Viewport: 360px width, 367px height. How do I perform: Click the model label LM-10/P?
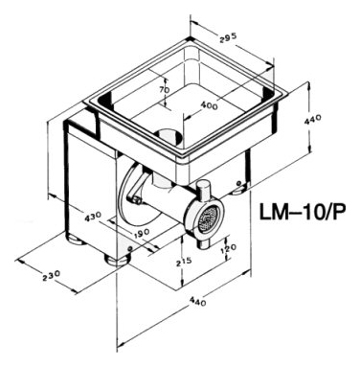(x=302, y=211)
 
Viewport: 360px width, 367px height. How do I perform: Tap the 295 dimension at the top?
(x=228, y=36)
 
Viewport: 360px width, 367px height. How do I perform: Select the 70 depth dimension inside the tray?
(x=165, y=90)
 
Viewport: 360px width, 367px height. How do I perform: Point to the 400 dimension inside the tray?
(x=210, y=105)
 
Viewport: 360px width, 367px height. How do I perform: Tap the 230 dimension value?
(x=52, y=275)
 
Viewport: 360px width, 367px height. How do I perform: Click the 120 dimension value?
(x=228, y=247)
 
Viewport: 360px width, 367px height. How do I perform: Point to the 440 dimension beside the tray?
(x=313, y=120)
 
